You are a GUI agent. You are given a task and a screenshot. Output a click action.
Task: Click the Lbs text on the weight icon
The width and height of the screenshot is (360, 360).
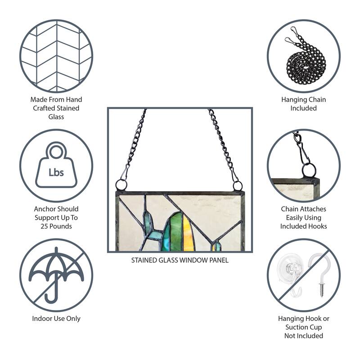coord(56,172)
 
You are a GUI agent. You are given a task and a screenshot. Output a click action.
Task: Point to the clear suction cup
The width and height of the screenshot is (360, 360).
coord(290,273)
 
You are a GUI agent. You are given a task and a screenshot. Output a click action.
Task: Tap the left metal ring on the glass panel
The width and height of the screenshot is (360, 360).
coord(121,185)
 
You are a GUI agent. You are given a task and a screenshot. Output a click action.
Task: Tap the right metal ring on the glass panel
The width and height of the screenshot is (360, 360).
coord(238,186)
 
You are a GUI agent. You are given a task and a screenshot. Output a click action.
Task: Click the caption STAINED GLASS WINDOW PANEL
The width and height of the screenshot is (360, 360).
coord(180,260)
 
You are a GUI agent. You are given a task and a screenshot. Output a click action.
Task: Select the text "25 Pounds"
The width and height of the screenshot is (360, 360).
coord(56,226)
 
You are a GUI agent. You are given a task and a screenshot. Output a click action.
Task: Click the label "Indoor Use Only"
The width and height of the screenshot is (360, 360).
coord(56,319)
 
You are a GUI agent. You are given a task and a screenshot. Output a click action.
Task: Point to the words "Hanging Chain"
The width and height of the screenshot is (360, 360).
coord(303,99)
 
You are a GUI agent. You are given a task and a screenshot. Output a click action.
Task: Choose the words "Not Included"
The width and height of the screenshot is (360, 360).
coord(303,336)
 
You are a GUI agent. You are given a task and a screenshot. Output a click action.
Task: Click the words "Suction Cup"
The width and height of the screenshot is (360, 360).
coord(303,327)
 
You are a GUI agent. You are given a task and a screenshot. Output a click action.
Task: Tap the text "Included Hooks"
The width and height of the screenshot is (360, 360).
coord(303,226)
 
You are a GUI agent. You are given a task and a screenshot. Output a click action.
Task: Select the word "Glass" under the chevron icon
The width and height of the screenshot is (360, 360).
coord(56,117)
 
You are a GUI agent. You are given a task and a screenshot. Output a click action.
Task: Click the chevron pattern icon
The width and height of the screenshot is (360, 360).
coord(56,56)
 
